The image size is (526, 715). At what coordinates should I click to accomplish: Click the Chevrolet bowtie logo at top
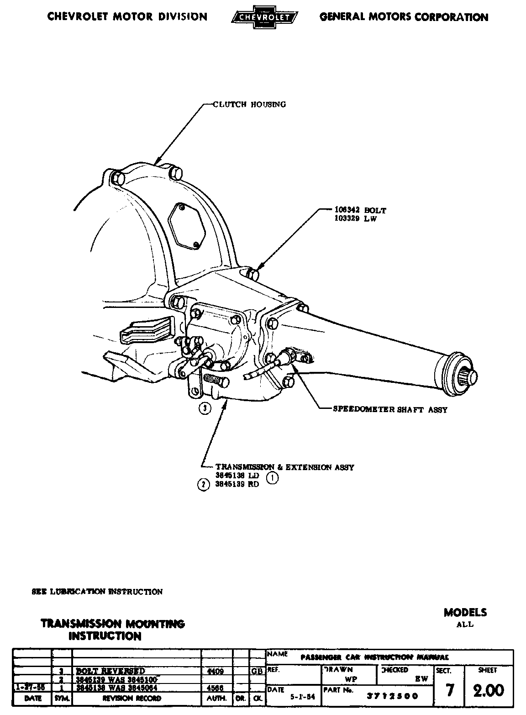click(x=263, y=17)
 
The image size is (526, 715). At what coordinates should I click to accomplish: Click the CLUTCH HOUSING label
click(x=249, y=104)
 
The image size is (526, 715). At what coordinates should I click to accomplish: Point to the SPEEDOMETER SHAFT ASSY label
click(x=390, y=409)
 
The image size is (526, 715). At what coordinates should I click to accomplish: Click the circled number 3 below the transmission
click(x=205, y=408)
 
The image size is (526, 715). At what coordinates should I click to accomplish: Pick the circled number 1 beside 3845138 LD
click(x=272, y=478)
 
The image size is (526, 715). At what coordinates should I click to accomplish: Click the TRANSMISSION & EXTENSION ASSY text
click(x=284, y=467)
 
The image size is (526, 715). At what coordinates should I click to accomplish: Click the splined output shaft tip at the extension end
click(x=471, y=376)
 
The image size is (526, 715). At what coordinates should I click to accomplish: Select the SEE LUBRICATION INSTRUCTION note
click(x=97, y=592)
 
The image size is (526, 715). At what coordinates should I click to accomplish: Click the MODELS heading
click(x=465, y=612)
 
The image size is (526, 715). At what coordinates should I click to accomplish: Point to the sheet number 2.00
click(x=488, y=690)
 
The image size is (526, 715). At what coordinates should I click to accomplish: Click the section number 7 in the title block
click(x=450, y=690)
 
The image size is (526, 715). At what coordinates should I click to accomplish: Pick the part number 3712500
click(x=392, y=697)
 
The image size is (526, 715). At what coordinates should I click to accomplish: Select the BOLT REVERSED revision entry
click(x=110, y=671)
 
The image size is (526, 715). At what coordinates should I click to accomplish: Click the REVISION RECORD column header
click(x=131, y=698)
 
